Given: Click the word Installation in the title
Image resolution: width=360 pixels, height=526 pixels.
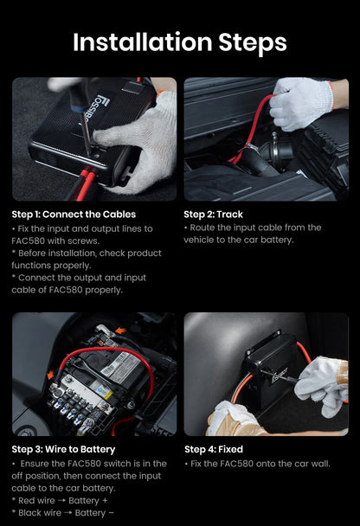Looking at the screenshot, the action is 143,42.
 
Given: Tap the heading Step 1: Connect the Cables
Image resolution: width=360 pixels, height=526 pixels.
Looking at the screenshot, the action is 74,215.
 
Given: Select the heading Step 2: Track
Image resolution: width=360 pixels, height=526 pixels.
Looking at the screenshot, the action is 214,215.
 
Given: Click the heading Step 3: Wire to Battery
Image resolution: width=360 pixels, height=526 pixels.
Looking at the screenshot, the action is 63,450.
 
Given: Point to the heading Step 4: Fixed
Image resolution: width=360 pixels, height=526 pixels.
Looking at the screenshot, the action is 214,450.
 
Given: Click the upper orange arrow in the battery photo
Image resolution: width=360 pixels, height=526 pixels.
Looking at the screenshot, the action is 121,330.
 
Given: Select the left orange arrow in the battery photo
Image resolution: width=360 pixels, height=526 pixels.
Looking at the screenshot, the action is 51,375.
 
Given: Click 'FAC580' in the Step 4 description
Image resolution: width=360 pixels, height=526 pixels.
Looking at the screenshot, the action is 236,464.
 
